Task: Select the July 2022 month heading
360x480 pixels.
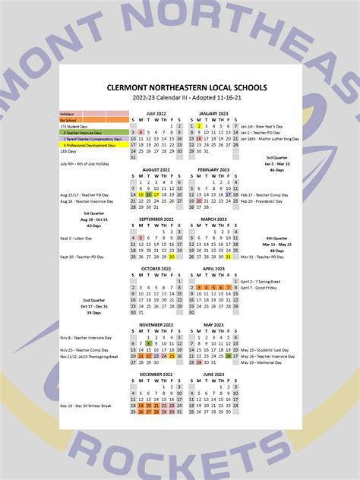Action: click(156, 113)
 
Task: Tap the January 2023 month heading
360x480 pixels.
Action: click(213, 113)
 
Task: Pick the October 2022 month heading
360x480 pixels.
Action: click(156, 268)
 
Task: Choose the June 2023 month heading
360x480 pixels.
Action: click(213, 374)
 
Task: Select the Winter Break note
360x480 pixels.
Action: click(85, 406)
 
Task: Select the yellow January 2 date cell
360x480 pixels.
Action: click(198, 126)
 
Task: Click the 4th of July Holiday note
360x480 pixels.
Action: click(84, 163)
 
